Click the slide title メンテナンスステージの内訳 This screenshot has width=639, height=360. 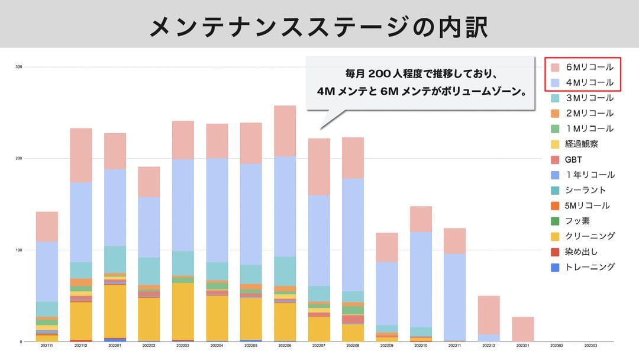click(319, 26)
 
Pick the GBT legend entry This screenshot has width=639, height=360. click(573, 159)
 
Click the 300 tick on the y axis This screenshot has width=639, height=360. click(19, 67)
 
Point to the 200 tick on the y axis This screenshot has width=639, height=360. click(19, 159)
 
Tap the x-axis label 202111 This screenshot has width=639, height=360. click(47, 345)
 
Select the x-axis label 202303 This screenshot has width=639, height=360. click(590, 345)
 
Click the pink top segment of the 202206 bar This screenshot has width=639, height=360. click(285, 131)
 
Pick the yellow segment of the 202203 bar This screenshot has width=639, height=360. click(183, 311)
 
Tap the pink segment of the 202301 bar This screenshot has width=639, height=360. click(523, 329)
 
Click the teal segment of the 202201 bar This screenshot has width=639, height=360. click(115, 259)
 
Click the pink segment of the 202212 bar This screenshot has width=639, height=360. click(489, 314)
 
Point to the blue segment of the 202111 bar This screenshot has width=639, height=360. click(47, 271)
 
